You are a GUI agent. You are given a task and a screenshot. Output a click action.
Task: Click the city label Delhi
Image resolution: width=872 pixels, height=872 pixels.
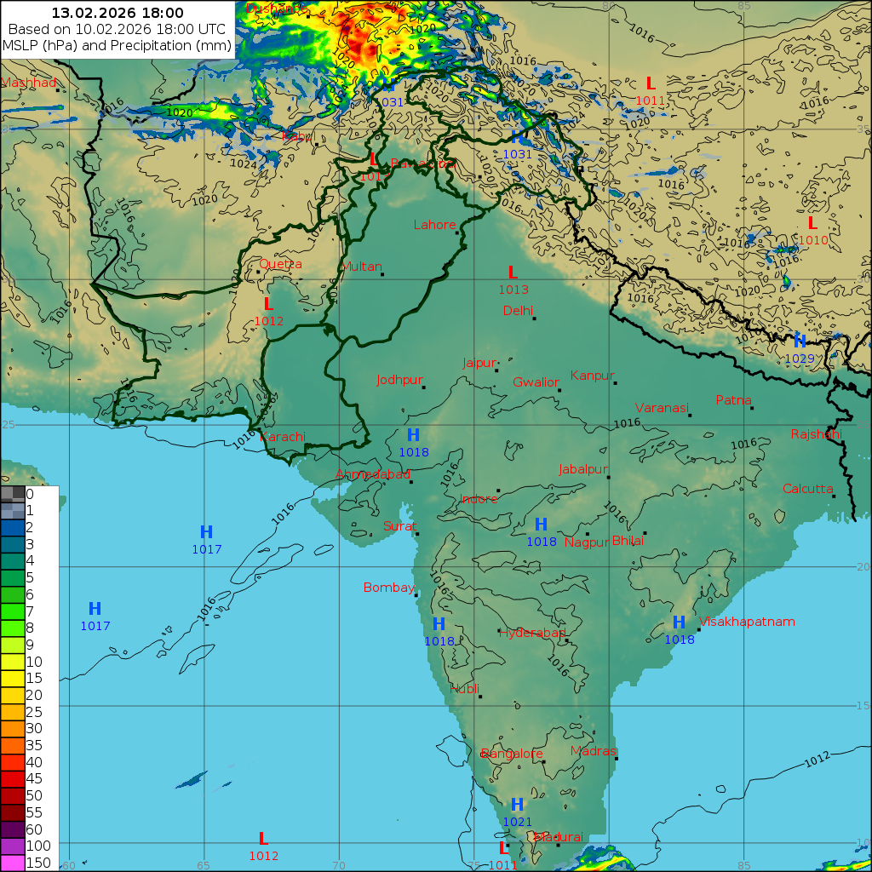(x=518, y=310)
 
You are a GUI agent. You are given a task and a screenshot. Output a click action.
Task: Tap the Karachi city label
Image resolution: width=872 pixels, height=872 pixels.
(x=282, y=437)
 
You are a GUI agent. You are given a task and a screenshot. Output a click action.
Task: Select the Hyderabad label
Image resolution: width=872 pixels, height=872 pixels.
(x=532, y=633)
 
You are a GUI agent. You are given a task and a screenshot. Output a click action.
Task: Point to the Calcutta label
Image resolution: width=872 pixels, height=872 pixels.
(x=808, y=489)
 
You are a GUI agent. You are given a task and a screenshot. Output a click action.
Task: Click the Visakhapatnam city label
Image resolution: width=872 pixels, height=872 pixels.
(x=747, y=622)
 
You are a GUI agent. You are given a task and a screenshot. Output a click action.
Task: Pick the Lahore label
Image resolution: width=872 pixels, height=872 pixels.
(x=434, y=225)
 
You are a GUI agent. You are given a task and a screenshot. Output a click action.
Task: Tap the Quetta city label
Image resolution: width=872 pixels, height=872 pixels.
(x=280, y=264)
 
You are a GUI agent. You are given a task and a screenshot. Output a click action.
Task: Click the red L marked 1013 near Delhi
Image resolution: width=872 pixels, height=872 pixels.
(x=513, y=272)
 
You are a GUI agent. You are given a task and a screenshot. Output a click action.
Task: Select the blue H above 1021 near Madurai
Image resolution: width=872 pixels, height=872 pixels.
(x=517, y=805)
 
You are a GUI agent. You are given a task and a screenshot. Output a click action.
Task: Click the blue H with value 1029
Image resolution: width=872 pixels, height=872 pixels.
(x=800, y=341)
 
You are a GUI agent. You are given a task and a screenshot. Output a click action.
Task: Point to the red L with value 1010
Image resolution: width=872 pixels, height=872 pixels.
(x=812, y=223)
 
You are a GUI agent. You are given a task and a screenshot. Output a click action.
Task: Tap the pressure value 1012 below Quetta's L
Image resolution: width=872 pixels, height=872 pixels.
(x=268, y=321)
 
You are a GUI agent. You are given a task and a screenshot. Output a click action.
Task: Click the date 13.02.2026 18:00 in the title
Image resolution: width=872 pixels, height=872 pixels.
(x=118, y=13)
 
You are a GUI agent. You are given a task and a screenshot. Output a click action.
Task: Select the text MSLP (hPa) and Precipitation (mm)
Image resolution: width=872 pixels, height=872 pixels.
(x=118, y=45)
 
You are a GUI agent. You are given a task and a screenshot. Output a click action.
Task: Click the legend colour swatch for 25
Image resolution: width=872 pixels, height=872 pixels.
(x=13, y=711)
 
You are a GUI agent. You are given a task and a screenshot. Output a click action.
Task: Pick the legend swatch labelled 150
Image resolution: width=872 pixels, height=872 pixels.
(x=13, y=863)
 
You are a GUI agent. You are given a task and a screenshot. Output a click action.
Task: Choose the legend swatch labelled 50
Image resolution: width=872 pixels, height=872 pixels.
(x=13, y=795)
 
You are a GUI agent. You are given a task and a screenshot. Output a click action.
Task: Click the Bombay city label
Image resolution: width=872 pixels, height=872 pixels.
(x=388, y=588)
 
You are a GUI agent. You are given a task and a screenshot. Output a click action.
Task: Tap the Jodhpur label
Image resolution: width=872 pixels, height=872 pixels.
(x=399, y=380)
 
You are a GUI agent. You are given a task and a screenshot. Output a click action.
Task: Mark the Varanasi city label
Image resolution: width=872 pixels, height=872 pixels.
(x=661, y=408)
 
